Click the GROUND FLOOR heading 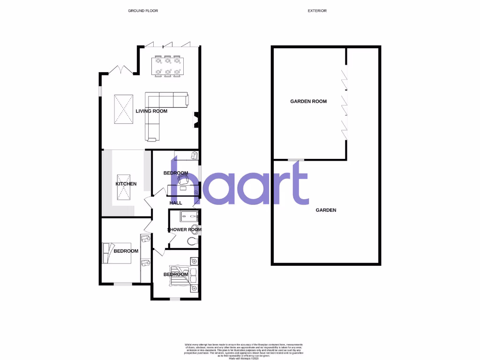pos(143,10)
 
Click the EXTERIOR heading pos(317,10)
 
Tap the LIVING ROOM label pos(151,111)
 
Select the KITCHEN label pos(126,184)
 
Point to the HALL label pos(176,202)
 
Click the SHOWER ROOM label pos(184,230)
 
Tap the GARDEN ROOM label pos(308,101)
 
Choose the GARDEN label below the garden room pos(326,210)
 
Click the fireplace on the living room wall pos(197,119)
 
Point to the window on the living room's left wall pos(99,90)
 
